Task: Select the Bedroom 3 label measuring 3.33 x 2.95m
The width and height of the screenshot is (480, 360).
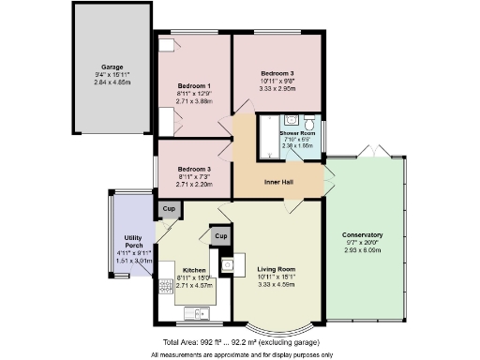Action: (x=278, y=72)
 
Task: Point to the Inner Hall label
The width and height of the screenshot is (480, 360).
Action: (x=278, y=180)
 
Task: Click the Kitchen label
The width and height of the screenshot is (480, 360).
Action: (x=195, y=267)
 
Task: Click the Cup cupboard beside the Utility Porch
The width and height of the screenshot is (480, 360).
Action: (x=168, y=209)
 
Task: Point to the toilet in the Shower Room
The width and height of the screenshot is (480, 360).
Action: (x=292, y=120)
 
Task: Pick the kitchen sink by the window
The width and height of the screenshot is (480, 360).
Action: (x=198, y=312)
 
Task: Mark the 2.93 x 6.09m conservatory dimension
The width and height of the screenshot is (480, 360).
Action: (x=365, y=250)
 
